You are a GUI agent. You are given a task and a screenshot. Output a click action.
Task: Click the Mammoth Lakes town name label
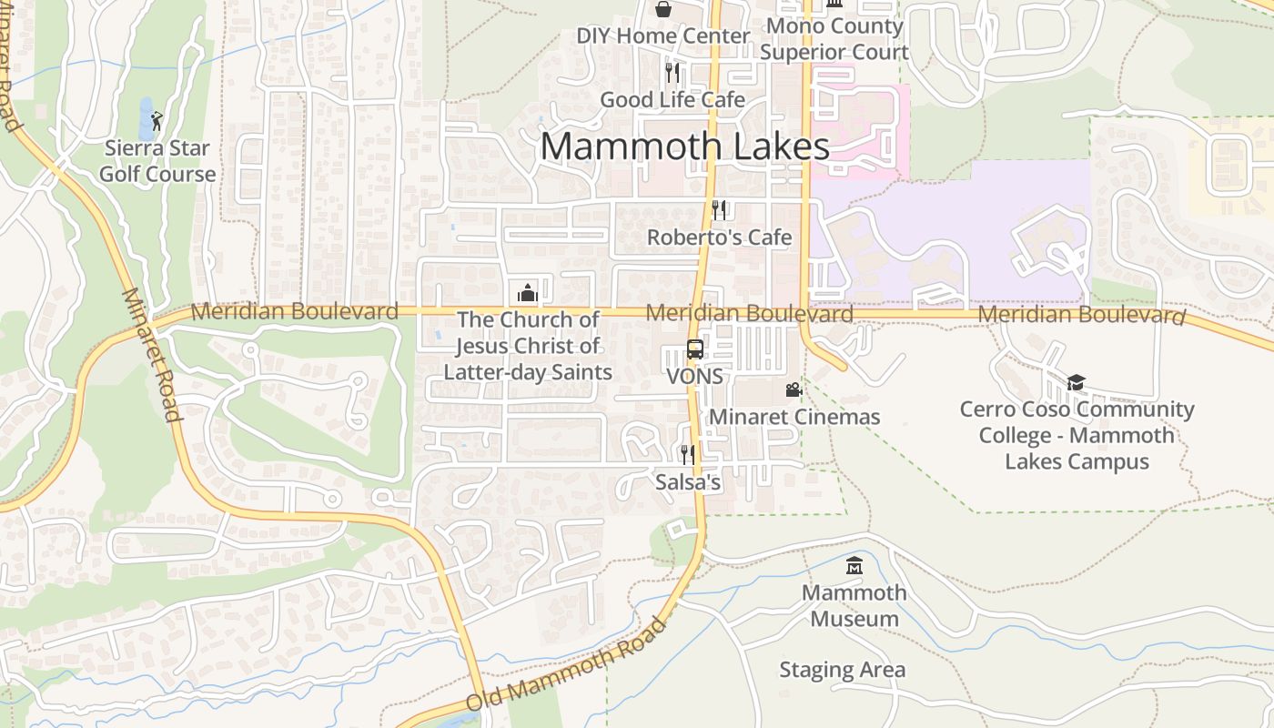pos(684,147)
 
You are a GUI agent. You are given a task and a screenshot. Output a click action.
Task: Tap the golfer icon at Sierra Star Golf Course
pos(157,119)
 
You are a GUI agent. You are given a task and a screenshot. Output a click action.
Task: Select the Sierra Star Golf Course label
pos(157,161)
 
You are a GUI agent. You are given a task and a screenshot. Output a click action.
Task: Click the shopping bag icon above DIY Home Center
pos(664,9)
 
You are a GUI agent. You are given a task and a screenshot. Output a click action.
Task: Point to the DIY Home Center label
pos(663,36)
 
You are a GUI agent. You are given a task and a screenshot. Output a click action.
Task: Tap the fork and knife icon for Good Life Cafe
pos(672,72)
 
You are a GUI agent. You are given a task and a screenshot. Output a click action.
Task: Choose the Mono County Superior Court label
pos(834,38)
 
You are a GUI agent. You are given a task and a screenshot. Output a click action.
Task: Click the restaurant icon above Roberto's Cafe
pos(719,210)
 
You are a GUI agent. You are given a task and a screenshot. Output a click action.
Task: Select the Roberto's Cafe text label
pos(719,238)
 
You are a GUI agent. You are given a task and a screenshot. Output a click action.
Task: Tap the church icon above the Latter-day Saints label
pos(527,292)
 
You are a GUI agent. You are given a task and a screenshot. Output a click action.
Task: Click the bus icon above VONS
pos(695,349)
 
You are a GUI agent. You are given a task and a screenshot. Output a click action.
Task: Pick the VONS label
pos(694,376)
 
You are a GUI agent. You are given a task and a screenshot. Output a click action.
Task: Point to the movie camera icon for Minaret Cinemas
pos(794,389)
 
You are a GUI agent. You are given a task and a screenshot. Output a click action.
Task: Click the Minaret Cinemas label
pos(794,417)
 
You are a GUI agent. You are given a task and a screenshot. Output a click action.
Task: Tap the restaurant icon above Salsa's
pos(687,454)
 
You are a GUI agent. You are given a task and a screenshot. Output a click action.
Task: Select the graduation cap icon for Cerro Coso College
pos(1077,382)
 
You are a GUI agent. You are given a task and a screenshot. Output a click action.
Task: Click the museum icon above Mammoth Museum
pos(854,566)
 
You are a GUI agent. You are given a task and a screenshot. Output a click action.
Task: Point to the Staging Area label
pos(842,671)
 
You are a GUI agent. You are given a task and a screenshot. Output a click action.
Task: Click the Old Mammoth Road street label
pos(565,666)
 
